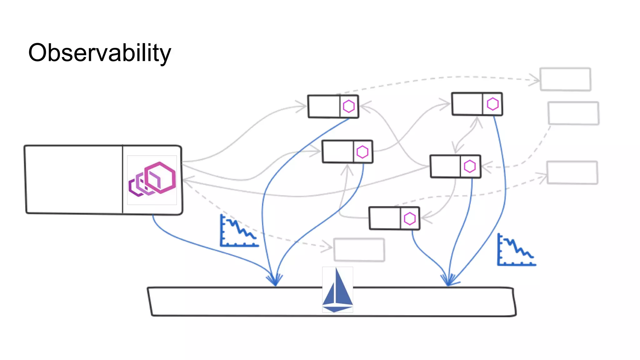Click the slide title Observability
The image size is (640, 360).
tap(99, 52)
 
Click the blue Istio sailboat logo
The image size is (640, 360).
tap(337, 289)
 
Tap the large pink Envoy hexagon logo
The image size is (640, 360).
tap(152, 180)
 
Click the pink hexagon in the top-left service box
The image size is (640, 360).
tap(349, 107)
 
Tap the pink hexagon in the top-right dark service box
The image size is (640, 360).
tap(492, 104)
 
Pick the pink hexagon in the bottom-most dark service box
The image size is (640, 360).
tap(409, 219)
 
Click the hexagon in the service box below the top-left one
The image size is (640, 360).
tap(362, 152)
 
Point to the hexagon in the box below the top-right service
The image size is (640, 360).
tap(470, 167)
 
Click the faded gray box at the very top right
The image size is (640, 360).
tap(565, 79)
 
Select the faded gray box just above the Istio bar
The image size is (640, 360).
tap(359, 250)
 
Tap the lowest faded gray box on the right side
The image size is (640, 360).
tap(572, 172)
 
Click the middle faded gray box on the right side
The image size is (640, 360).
tap(573, 113)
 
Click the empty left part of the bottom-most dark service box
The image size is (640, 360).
tap(385, 218)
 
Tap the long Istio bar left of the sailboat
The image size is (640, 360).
tap(234, 302)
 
